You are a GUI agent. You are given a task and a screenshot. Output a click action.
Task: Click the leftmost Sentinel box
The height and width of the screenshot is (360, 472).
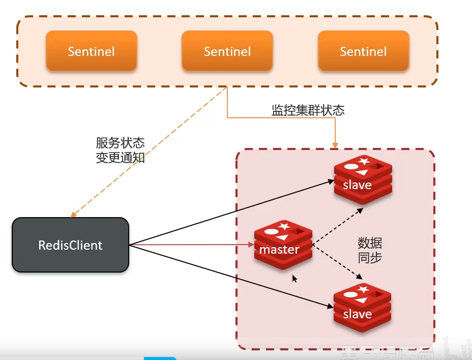[x=91, y=51]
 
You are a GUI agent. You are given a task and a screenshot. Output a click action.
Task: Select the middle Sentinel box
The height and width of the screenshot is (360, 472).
[x=227, y=51]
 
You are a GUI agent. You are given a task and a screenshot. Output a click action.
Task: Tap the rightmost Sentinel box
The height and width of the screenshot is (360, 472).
[x=363, y=51]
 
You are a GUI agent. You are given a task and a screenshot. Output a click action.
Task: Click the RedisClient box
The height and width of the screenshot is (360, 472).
[x=70, y=245]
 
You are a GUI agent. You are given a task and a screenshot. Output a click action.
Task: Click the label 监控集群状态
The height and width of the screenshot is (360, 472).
[x=308, y=110]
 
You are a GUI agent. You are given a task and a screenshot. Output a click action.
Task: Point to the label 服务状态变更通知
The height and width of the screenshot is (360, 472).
[x=120, y=150]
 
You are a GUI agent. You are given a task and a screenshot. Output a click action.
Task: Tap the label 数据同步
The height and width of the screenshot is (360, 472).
[x=370, y=250]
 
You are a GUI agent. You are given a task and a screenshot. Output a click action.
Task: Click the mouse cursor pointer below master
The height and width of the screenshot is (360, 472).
[x=294, y=279]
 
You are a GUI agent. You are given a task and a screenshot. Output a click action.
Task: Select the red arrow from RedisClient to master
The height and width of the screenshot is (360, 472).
[x=193, y=246]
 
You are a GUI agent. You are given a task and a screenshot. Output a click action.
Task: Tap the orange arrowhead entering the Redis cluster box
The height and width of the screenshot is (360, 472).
[x=335, y=145]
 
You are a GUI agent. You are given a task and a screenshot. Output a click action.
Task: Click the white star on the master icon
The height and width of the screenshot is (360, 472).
[x=284, y=226]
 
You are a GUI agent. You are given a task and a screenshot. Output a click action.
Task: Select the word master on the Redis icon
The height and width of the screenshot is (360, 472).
[x=279, y=250]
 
